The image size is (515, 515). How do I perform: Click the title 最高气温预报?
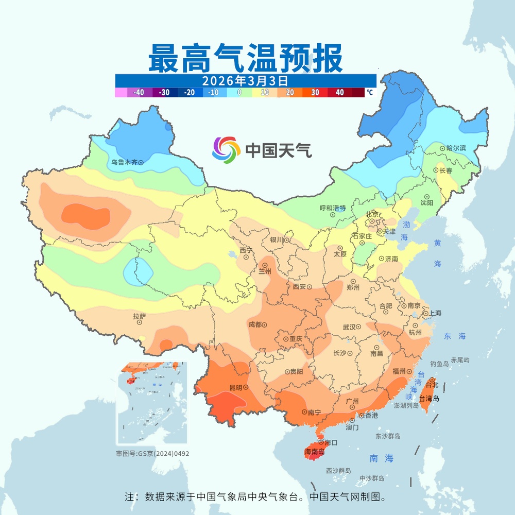tap(245, 58)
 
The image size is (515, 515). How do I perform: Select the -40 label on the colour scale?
tap(139, 93)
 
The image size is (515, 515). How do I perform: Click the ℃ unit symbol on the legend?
tap(370, 93)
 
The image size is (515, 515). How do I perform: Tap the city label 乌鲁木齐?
tap(124, 162)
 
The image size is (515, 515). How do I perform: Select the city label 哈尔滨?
tap(456, 148)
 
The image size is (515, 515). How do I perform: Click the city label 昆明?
tap(235, 387)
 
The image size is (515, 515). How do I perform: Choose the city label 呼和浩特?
tap(332, 208)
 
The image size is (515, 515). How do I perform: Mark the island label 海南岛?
tap(315, 452)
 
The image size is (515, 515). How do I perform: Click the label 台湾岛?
tap(429, 399)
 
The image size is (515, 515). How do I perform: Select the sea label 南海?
tap(381, 458)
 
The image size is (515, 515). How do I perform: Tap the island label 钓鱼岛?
tap(439, 364)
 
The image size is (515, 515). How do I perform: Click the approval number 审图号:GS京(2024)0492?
tap(149, 454)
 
